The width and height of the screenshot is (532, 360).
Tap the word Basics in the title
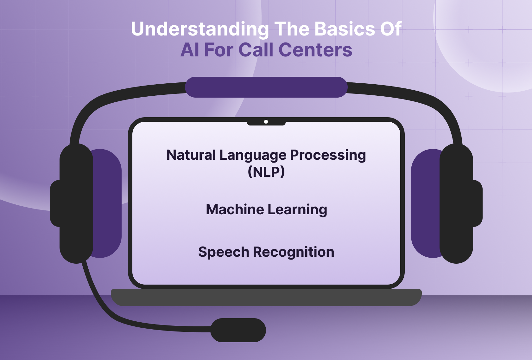(x=345, y=29)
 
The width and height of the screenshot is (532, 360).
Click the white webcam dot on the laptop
(x=266, y=122)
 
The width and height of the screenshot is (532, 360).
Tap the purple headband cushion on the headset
(x=266, y=87)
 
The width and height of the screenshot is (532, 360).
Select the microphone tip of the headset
(x=238, y=330)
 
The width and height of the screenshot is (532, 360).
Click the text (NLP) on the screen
(x=266, y=172)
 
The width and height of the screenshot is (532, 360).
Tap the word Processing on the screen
(x=328, y=155)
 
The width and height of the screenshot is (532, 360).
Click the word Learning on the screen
(x=297, y=209)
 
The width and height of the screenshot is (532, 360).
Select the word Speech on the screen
(x=224, y=252)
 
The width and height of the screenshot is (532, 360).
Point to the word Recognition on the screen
(x=294, y=252)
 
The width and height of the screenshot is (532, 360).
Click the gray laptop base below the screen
(x=266, y=298)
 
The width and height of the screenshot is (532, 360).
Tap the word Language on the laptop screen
(x=253, y=155)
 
